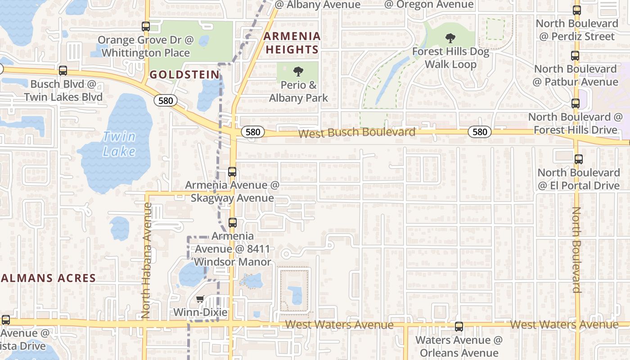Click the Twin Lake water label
119,144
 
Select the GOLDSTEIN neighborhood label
184,74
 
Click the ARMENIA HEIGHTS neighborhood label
292,42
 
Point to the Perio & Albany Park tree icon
298,71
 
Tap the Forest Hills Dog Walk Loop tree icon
450,38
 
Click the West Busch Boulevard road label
356,133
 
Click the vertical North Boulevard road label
576,250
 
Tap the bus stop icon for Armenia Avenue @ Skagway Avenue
232,171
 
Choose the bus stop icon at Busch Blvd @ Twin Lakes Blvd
63,71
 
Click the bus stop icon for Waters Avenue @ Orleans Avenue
459,327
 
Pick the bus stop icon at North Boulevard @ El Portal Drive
579,159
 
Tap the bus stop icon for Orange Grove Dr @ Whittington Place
145,27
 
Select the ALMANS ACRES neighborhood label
48,278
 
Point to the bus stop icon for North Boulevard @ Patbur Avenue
575,56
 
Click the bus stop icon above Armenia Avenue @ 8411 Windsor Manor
233,222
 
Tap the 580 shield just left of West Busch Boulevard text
253,132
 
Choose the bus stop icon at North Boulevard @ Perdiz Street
577,10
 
